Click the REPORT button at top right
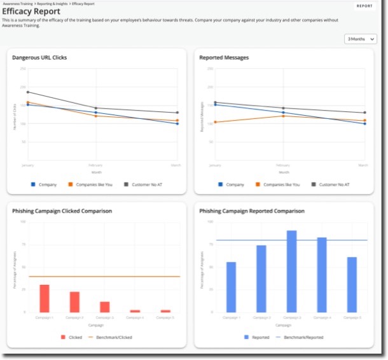364,6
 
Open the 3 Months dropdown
360,39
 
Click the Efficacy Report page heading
31,11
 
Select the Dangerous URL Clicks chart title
39,58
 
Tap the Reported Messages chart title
224,58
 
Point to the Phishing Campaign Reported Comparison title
252,211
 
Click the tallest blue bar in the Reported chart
291,272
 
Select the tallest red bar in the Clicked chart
45,298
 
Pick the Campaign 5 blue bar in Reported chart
352,285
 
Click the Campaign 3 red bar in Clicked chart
104,307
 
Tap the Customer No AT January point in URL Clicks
28,92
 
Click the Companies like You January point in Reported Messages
215,122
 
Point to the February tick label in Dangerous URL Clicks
96,166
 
